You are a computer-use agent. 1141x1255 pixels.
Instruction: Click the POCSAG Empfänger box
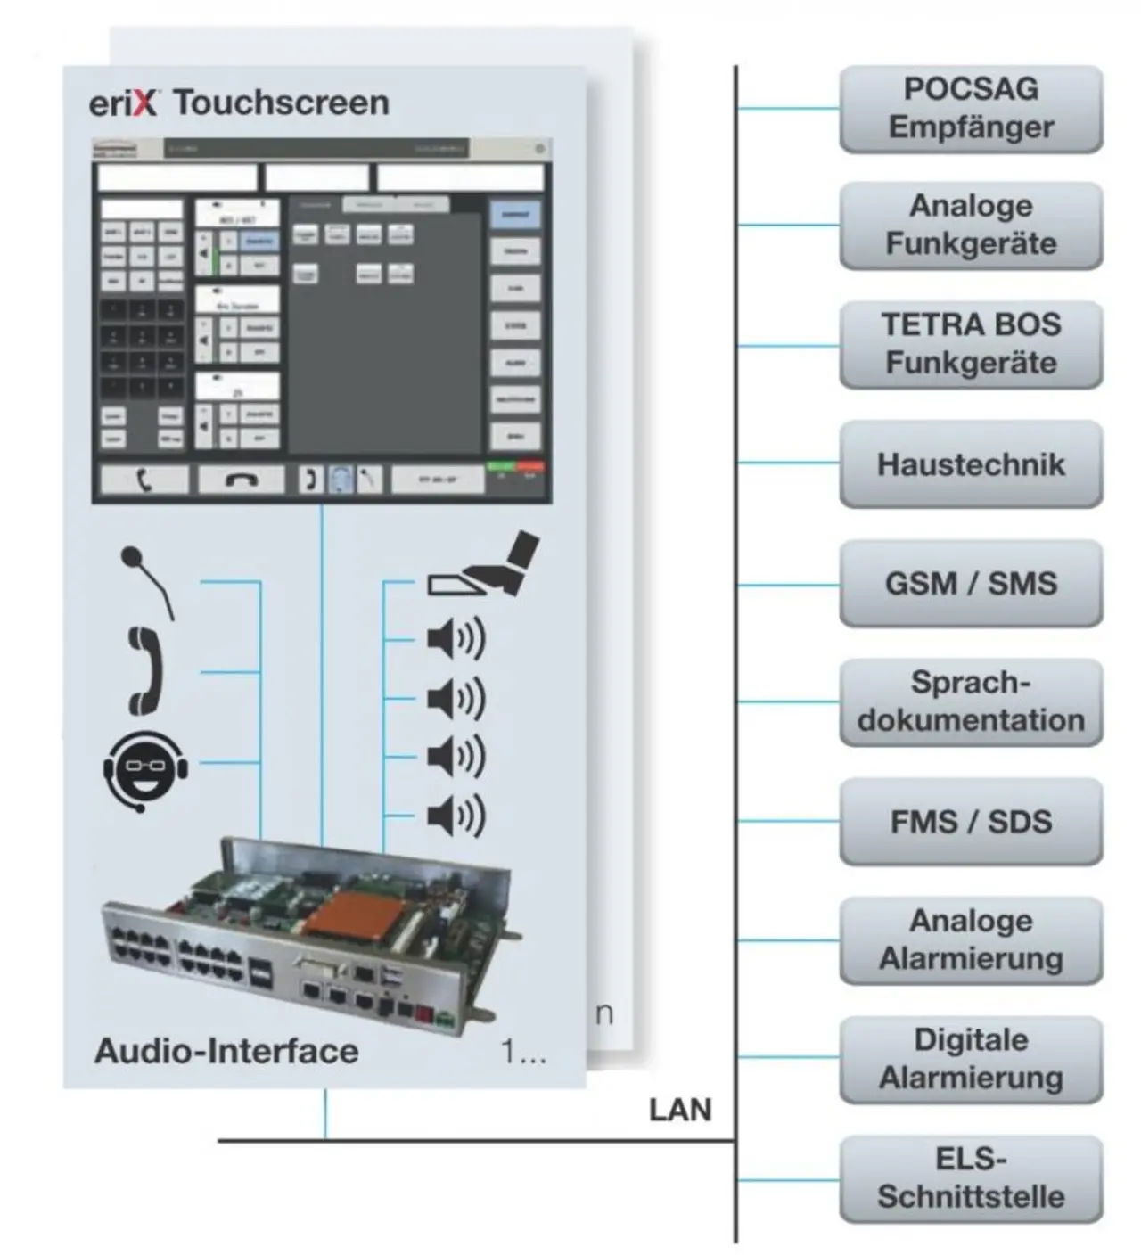tap(971, 108)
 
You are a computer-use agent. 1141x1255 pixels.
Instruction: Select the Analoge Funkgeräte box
tap(971, 225)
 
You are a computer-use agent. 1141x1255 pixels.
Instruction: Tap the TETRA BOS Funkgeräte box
tap(971, 344)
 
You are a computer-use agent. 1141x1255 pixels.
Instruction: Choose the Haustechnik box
tap(971, 463)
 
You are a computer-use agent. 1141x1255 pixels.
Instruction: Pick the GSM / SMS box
tap(971, 583)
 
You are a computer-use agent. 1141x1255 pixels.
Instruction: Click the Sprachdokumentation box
tap(971, 701)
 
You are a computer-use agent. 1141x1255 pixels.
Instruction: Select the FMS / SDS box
tap(971, 821)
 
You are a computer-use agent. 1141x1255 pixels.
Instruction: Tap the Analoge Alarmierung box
tap(971, 939)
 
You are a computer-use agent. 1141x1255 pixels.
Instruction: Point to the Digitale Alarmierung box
tap(971, 1059)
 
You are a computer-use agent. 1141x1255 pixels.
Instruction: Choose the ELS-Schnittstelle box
tap(971, 1177)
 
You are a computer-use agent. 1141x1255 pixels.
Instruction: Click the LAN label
tap(680, 1110)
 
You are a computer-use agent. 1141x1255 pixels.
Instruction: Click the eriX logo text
tap(123, 103)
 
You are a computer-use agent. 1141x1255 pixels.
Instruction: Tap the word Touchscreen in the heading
tap(282, 103)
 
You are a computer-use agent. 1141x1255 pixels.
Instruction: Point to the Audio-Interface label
tap(226, 1051)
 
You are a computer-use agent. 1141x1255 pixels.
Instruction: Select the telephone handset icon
tap(145, 670)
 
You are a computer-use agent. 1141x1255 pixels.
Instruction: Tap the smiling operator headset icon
tap(145, 769)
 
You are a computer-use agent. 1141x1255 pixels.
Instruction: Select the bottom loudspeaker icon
tap(456, 815)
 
